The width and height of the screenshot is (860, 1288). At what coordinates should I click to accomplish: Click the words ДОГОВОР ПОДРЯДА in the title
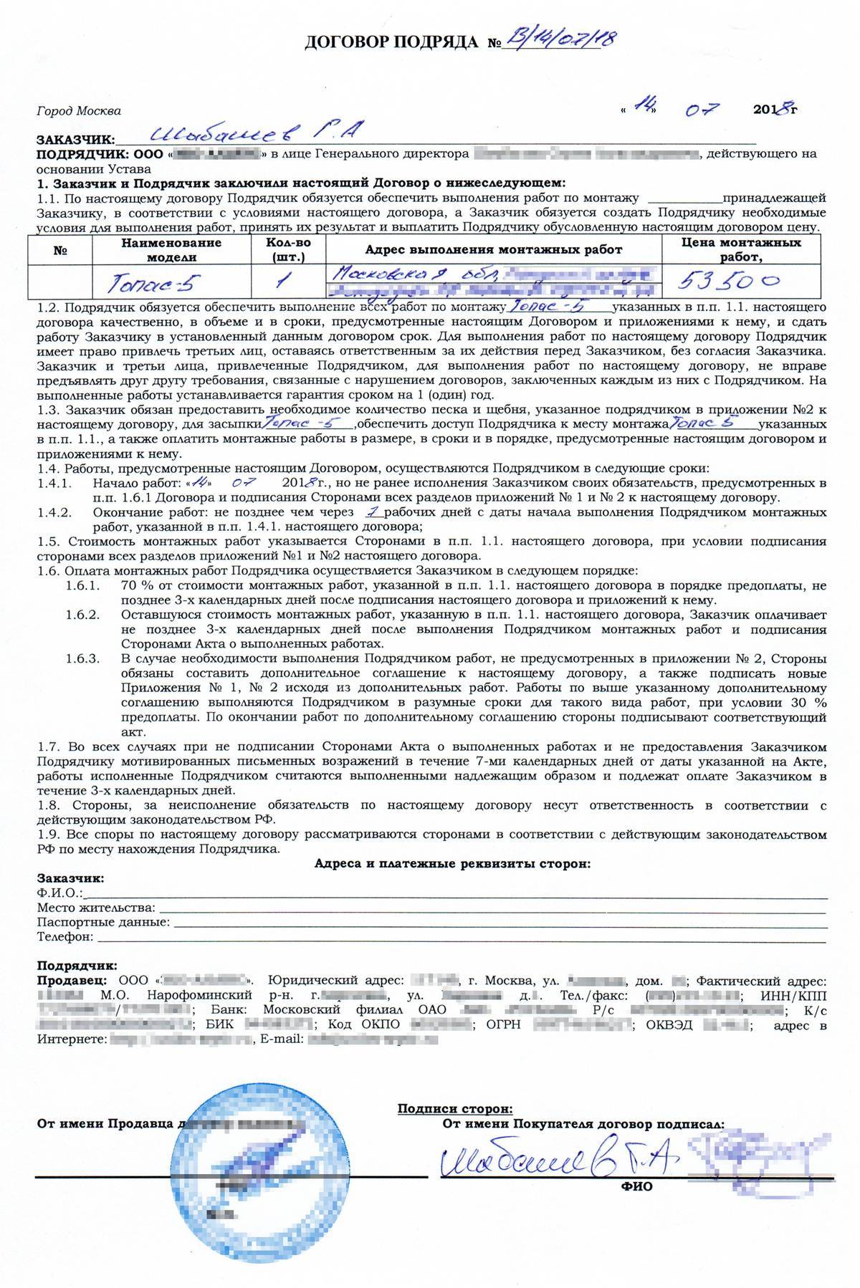click(391, 43)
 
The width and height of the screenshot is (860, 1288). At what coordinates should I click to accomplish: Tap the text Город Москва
click(78, 111)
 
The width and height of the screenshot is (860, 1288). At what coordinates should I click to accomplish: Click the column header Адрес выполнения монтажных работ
click(494, 250)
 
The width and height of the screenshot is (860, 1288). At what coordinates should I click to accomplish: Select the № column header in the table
click(60, 250)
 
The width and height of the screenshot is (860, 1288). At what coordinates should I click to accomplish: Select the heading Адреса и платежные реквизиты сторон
click(453, 864)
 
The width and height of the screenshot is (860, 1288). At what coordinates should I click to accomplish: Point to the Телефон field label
click(64, 936)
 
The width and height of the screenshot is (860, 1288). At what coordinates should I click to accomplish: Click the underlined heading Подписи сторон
click(455, 1110)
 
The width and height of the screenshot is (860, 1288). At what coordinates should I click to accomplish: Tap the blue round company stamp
click(236, 1182)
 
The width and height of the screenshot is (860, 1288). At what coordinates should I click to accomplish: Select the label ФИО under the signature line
click(637, 1186)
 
